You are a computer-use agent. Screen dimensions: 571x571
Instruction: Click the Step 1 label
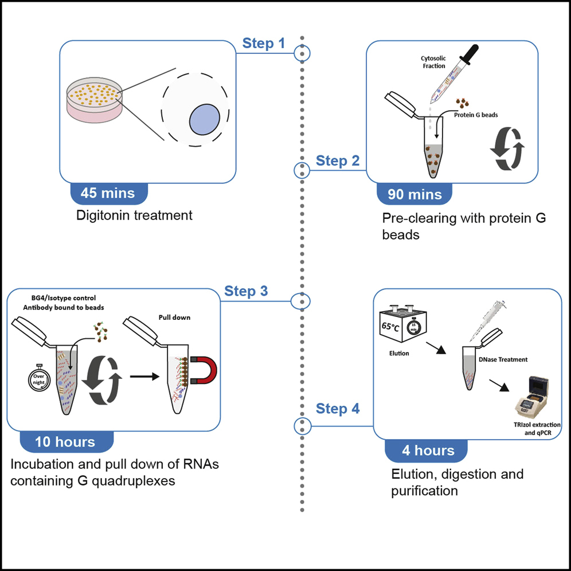pos(263,43)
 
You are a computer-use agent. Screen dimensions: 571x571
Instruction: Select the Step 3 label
pos(246,291)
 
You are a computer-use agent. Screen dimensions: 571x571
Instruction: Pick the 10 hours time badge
pos(65,441)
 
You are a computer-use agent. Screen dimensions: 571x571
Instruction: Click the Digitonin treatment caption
pos(134,216)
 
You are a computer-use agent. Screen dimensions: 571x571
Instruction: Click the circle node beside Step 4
pos(302,426)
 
